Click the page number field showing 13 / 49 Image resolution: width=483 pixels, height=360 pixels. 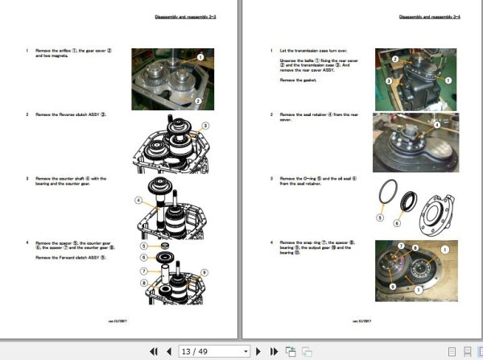tap(208, 351)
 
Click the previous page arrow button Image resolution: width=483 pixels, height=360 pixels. tap(169, 351)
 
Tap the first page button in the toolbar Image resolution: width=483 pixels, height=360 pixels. tap(154, 351)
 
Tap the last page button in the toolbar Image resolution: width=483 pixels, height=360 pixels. tap(274, 351)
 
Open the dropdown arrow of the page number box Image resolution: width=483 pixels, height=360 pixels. tap(246, 351)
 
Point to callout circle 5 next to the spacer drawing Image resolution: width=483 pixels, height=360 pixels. tap(142, 245)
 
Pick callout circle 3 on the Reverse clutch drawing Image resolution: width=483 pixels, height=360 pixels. tap(206, 126)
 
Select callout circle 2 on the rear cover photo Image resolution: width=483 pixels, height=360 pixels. tap(395, 59)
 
